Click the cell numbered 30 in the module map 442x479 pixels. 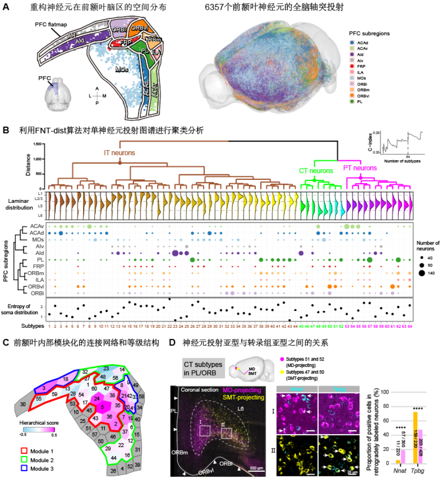tap(23, 404)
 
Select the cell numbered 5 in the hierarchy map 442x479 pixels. tap(102, 407)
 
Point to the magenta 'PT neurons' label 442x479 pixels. tap(360, 168)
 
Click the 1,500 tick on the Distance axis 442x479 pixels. tap(36, 144)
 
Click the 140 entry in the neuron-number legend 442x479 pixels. tap(421, 273)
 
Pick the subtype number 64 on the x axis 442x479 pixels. tap(410, 326)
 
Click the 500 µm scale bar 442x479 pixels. tap(257, 469)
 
